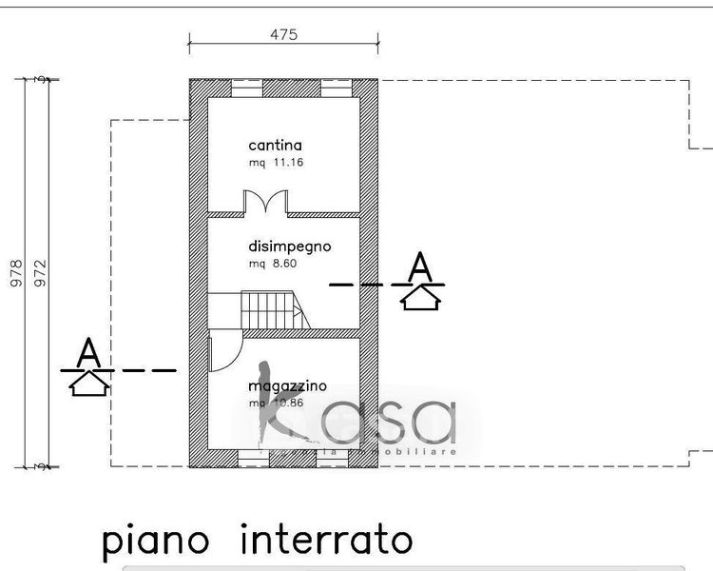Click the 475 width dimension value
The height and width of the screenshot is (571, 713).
[283, 34]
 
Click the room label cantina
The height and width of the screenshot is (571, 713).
[275, 146]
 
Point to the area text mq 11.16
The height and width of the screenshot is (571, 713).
[276, 163]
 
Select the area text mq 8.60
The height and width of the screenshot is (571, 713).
[273, 264]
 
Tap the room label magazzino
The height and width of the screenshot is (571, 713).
[287, 386]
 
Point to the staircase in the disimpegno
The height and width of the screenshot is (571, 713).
[273, 310]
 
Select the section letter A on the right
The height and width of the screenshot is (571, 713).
[420, 266]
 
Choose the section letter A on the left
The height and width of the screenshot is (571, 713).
[88, 350]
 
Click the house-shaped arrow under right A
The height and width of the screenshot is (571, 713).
[420, 298]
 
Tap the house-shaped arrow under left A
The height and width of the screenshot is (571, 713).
[89, 382]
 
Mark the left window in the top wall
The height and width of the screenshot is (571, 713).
[246, 89]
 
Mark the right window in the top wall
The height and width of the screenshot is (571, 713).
[335, 89]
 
